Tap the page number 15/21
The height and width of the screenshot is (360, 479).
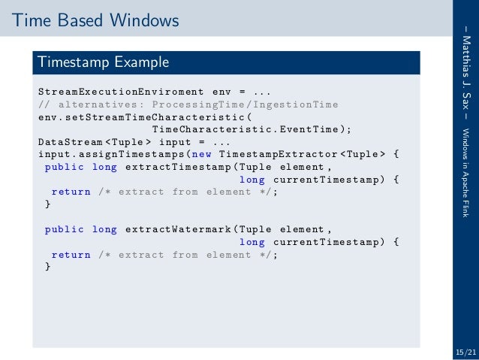pos(465,352)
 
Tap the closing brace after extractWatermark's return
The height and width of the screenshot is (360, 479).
pos(48,268)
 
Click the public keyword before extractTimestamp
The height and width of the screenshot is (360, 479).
pos(62,167)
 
